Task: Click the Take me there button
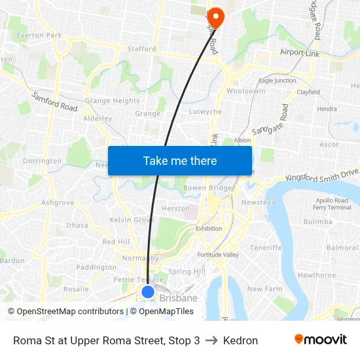pyautogui.click(x=180, y=160)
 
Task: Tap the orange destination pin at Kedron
pyautogui.click(x=215, y=17)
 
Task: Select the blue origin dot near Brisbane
pyautogui.click(x=148, y=292)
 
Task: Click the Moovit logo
pyautogui.click(x=320, y=340)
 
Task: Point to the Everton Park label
pyautogui.click(x=39, y=35)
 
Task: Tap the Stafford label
pyautogui.click(x=142, y=48)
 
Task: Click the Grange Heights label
pyautogui.click(x=112, y=101)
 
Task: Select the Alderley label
pyautogui.click(x=98, y=118)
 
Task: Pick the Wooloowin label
pyautogui.click(x=245, y=91)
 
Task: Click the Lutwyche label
pyautogui.click(x=205, y=112)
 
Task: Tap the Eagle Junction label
pyautogui.click(x=277, y=81)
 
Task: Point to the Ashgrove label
pyautogui.click(x=58, y=203)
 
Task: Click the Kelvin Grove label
pyautogui.click(x=132, y=220)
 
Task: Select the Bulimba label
pyautogui.click(x=318, y=222)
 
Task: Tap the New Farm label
pyautogui.click(x=264, y=289)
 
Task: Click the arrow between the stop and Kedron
pyautogui.click(x=211, y=340)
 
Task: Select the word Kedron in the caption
pyautogui.click(x=240, y=340)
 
